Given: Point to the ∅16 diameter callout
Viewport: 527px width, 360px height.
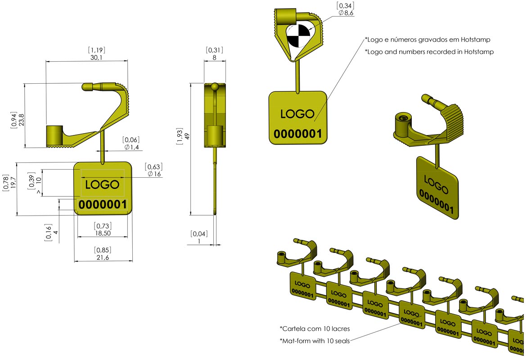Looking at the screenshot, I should (153, 174).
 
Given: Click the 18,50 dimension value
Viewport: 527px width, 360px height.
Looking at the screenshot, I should (103, 234).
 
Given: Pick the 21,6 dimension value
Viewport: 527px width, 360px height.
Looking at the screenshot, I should (103, 257).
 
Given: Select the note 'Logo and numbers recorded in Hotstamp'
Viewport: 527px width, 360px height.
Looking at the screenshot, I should (429, 52).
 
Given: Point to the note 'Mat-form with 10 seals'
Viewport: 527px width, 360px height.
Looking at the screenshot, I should (315, 340).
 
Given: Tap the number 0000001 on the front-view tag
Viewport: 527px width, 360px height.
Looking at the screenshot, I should (103, 205).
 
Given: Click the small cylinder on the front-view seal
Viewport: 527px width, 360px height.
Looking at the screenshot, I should (55, 135).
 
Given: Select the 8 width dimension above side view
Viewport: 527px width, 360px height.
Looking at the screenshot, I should (214, 58).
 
